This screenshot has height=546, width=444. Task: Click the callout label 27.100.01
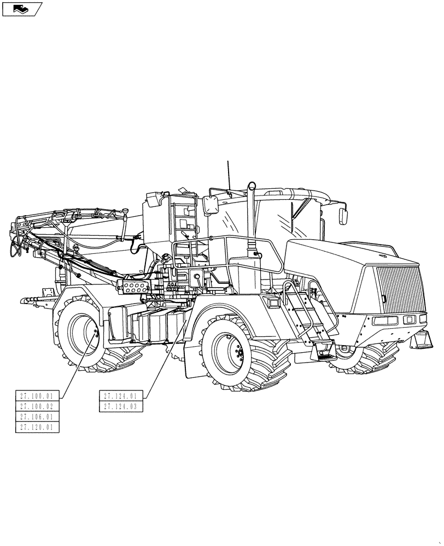tap(37, 396)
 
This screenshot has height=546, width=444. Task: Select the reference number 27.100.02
tap(37, 407)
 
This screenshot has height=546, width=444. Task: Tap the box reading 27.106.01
tap(37, 417)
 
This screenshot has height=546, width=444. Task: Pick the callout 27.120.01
tap(37, 428)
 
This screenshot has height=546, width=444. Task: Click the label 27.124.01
tap(121, 396)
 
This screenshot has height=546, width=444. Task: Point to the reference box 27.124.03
tap(121, 407)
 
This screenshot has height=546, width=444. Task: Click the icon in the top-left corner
tap(22, 9)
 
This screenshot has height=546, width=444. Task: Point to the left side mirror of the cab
tap(211, 206)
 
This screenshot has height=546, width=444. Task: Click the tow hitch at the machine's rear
tap(36, 300)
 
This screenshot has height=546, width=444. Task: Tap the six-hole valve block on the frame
tap(135, 287)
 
